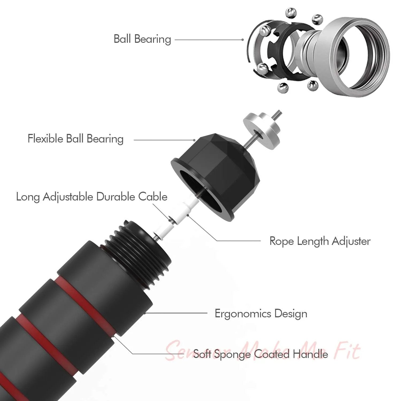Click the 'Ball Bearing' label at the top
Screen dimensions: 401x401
point(142,39)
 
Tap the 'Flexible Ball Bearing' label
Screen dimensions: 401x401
point(76,139)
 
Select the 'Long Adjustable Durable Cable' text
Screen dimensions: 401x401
point(92,197)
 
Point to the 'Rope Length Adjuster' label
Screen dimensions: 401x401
point(320,241)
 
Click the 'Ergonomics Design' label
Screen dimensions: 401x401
point(261,314)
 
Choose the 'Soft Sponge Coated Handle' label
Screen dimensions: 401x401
point(261,354)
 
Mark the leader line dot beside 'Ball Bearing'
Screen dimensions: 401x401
point(242,40)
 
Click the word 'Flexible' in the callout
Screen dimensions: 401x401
point(45,139)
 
